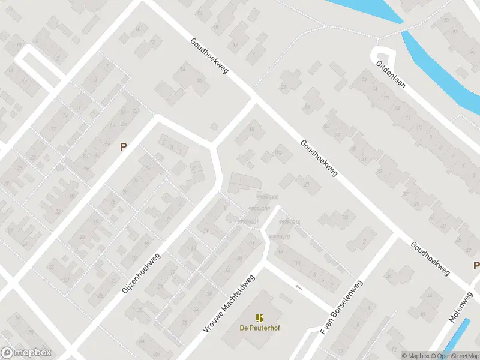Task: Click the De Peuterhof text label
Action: coord(260,328)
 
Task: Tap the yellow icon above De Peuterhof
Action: coord(259,318)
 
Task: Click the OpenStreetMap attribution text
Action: coord(454,356)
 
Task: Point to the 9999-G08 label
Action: coord(268,197)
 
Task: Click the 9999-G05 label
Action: coord(259,209)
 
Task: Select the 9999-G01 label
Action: coord(248,222)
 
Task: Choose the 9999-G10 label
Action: coord(280,238)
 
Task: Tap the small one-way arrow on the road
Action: coord(299,288)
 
